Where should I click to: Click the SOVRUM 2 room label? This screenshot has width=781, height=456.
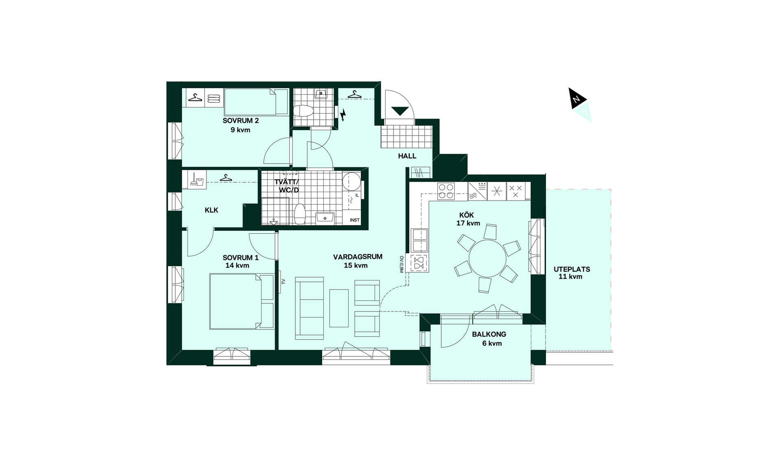click(240, 121)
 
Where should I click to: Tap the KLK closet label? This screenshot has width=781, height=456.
click(212, 210)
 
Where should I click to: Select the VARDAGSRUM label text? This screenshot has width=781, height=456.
click(358, 257)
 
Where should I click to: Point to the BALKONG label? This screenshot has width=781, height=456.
click(489, 334)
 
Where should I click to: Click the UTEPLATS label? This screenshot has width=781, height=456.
click(572, 269)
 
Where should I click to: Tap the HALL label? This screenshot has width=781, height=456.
click(407, 156)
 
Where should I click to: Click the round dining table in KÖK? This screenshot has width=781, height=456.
click(487, 258)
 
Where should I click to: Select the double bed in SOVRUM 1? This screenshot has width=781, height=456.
click(242, 301)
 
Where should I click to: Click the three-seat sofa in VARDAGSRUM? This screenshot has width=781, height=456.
click(310, 308)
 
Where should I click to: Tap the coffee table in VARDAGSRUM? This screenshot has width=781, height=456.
click(339, 308)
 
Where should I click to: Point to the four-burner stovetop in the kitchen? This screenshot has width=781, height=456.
click(446, 191)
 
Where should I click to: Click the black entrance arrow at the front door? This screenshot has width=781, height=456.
click(400, 111)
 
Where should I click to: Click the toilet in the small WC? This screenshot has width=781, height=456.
click(303, 111)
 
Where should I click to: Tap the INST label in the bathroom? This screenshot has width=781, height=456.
click(355, 220)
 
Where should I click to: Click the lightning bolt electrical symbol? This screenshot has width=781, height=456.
click(343, 115)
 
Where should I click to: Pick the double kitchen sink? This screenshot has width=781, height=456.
click(419, 240)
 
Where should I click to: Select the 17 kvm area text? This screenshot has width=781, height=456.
click(468, 223)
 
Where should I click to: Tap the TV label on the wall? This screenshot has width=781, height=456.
click(283, 281)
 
